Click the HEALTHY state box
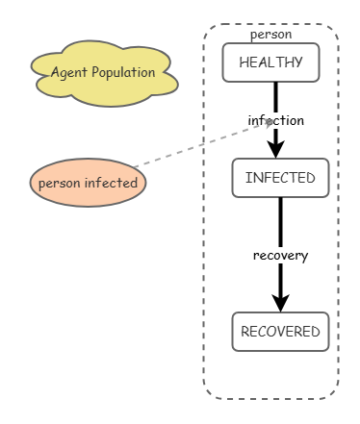pos(270,62)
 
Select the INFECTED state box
pos(280,178)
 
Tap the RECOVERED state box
pos(280,332)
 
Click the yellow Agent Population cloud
pos(103,72)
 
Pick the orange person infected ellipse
pos(88,183)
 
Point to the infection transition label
pos(276,120)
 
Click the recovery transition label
pos(280,255)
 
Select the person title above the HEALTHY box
pos(270,35)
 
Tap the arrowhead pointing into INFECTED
pos(276,149)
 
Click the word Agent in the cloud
pos(68,72)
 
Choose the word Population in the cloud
pos(122,72)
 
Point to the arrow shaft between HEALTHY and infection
pos(275,96)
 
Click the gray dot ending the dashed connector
pos(270,122)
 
